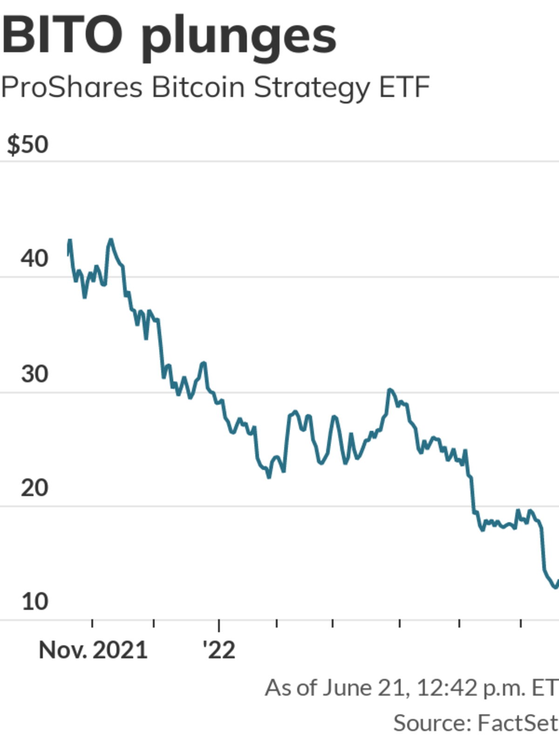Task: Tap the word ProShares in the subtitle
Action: (x=72, y=87)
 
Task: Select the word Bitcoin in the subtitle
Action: (x=198, y=87)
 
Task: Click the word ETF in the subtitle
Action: (x=404, y=87)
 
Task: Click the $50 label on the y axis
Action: (x=27, y=145)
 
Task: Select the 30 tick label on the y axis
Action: (x=34, y=374)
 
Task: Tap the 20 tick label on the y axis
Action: (x=34, y=488)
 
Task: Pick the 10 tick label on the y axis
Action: (x=34, y=602)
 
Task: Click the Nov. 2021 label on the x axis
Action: (x=93, y=650)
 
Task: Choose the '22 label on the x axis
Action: (x=219, y=650)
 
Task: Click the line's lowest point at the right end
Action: (x=554, y=587)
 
